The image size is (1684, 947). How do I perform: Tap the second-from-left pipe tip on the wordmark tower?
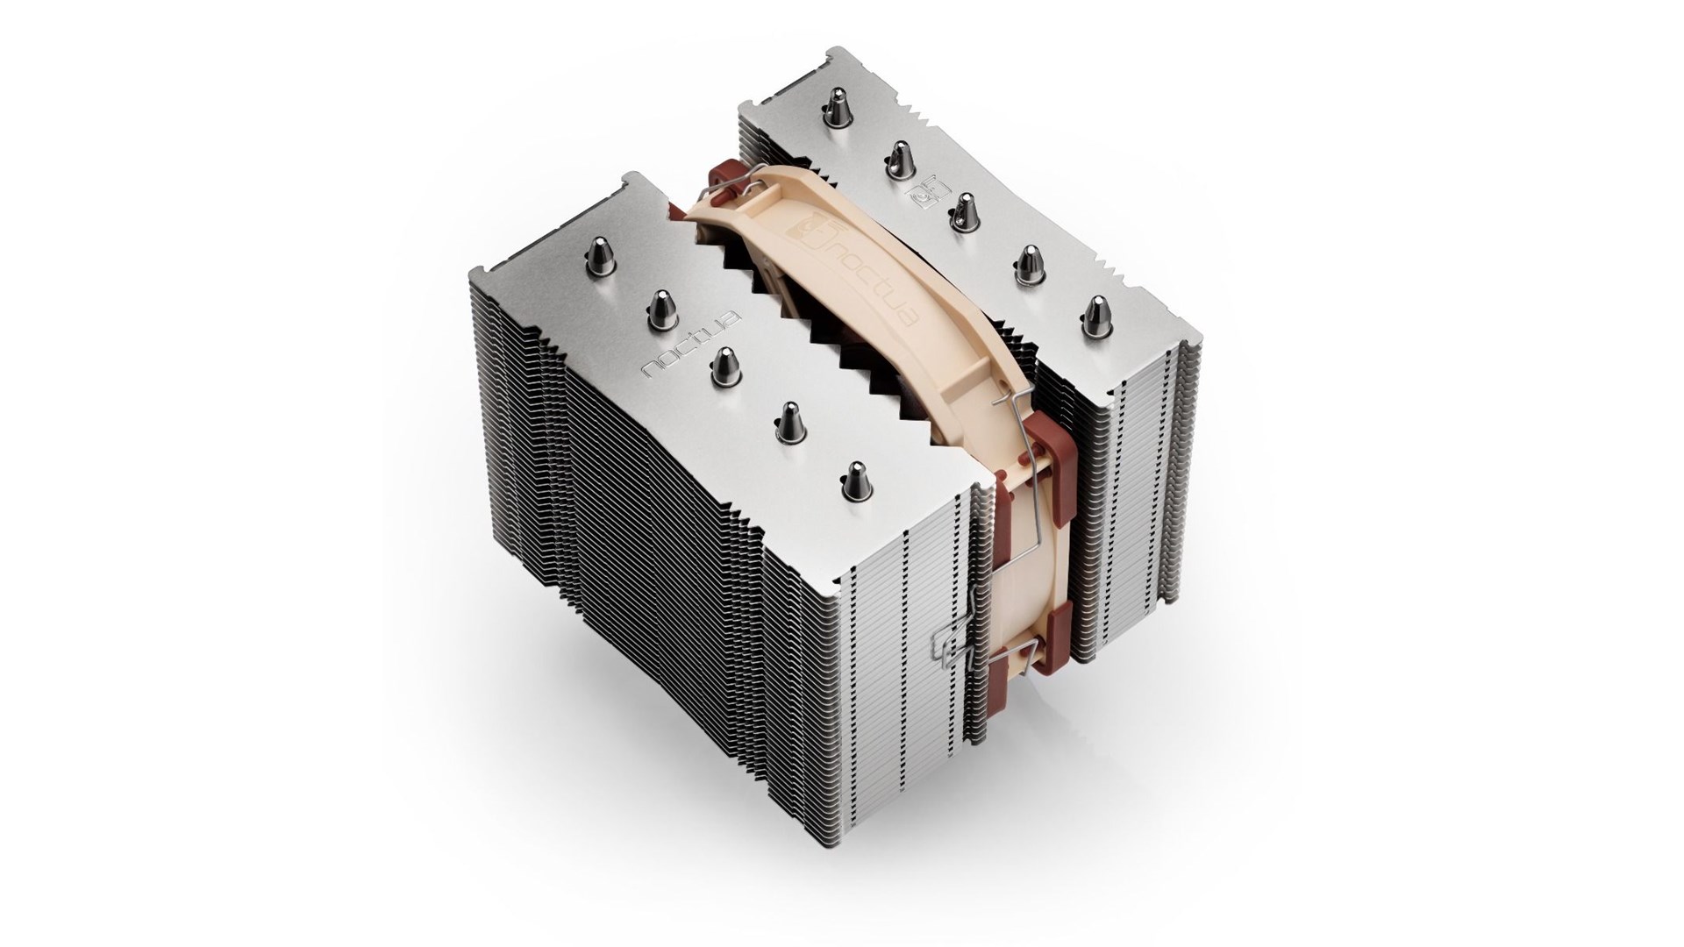click(x=659, y=308)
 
